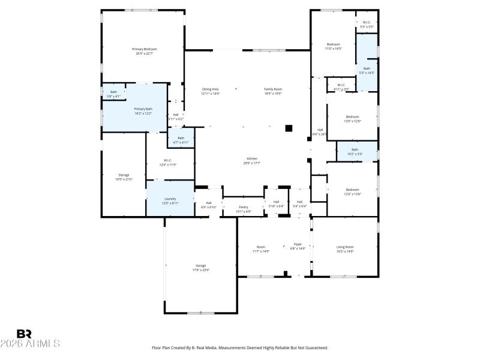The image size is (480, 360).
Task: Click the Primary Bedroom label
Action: coord(144,50)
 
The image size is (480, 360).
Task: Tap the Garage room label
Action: coord(201,268)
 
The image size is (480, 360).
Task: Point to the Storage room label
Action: coord(124,176)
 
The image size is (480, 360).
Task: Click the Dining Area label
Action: coord(210,91)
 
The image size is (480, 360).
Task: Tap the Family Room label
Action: coord(273,91)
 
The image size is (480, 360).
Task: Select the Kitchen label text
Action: coord(251,160)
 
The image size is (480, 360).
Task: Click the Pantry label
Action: coord(243,208)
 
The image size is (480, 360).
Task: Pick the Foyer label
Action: coord(298,245)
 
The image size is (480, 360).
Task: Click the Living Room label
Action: coord(345,248)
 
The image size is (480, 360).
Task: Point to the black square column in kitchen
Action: coord(289,128)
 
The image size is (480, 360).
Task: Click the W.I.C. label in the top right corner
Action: coord(367,25)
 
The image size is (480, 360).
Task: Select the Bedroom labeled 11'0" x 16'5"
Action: coord(333,46)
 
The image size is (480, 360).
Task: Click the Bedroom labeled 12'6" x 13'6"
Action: coord(352,191)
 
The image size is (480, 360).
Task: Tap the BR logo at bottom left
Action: coord(24,334)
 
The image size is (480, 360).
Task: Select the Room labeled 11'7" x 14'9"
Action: coord(261,248)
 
